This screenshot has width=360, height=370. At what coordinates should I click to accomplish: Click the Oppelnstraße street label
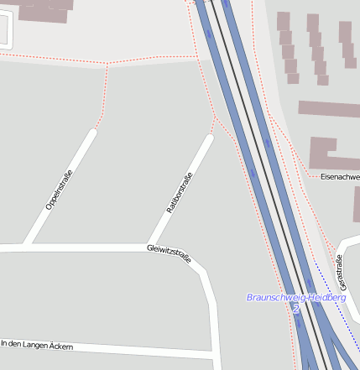(x=60, y=189)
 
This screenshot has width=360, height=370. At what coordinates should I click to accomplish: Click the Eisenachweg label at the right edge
(x=340, y=177)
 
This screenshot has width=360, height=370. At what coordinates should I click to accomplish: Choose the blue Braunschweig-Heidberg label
(x=296, y=298)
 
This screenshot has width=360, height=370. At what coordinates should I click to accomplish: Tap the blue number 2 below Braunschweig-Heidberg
(x=296, y=309)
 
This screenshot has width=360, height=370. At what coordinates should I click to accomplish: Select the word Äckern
(x=60, y=347)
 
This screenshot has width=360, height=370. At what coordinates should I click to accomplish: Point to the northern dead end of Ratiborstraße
(x=209, y=138)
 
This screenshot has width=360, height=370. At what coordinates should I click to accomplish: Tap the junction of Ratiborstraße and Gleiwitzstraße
(x=149, y=247)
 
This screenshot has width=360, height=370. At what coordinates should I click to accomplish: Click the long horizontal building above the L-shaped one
(x=328, y=109)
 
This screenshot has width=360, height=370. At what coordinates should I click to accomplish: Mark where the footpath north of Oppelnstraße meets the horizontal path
(x=107, y=64)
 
